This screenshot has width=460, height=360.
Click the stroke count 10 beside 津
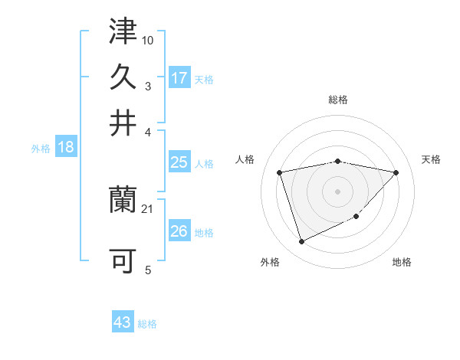tap(148, 39)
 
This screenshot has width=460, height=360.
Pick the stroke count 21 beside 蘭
tap(148, 209)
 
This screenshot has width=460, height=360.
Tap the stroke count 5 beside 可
tap(148, 270)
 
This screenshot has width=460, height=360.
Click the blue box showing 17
tap(179, 77)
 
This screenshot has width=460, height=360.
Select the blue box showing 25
tap(179, 162)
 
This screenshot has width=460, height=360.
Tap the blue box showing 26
tap(179, 231)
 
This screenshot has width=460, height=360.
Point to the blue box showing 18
tap(66, 148)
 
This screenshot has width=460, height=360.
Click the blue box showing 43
tap(123, 322)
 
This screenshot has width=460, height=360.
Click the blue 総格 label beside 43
tap(147, 324)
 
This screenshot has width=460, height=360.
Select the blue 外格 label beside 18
tap(40, 149)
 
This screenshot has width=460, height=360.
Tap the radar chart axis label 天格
tap(431, 159)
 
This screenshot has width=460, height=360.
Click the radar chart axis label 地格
tap(402, 263)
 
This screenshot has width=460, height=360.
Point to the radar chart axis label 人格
tap(245, 159)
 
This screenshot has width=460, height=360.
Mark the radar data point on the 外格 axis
tap(301, 242)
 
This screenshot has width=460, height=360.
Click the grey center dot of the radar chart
tap(337, 191)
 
